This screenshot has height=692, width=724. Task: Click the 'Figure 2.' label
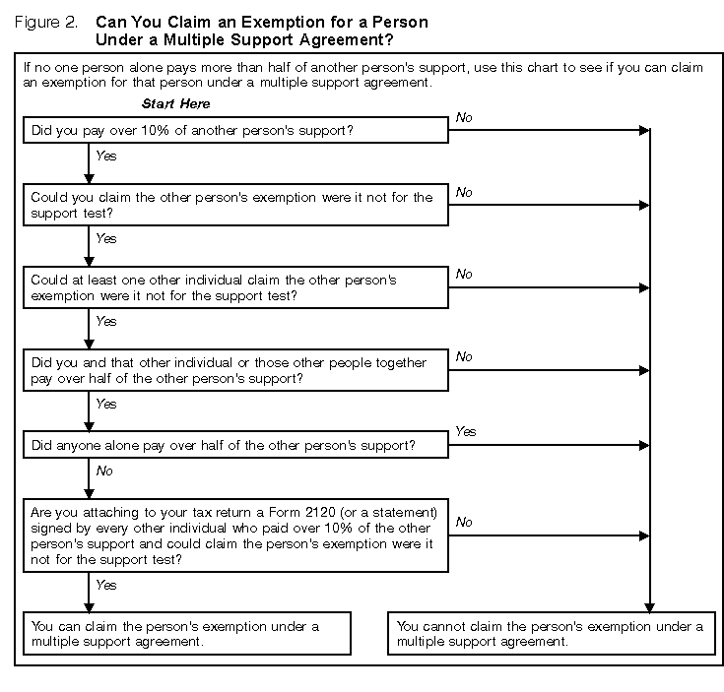pyautogui.click(x=46, y=22)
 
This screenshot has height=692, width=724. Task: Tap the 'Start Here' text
pyautogui.click(x=175, y=103)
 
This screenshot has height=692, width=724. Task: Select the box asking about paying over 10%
pyautogui.click(x=235, y=130)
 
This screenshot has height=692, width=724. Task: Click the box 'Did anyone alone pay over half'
pyautogui.click(x=235, y=446)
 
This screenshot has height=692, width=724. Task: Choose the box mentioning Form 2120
pyautogui.click(x=235, y=535)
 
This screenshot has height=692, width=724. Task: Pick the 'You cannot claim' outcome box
pyautogui.click(x=552, y=634)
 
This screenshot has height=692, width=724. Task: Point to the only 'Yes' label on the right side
pyautogui.click(x=465, y=431)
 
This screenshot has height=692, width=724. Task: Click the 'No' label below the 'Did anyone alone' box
pyautogui.click(x=103, y=471)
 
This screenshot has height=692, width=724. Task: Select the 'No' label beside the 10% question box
pyautogui.click(x=464, y=117)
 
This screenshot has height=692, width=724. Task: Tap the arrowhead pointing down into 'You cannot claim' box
pyautogui.click(x=648, y=607)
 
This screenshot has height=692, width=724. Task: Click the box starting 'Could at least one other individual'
pyautogui.click(x=235, y=287)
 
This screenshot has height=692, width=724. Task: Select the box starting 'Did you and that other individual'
pyautogui.click(x=235, y=370)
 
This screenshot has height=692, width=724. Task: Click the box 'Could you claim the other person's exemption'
pyautogui.click(x=235, y=205)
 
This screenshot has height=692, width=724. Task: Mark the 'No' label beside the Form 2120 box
pyautogui.click(x=464, y=522)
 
